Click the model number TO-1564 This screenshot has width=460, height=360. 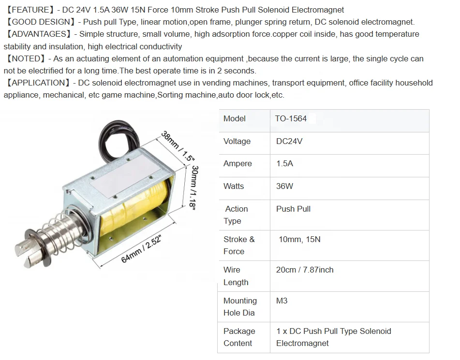point(291,119)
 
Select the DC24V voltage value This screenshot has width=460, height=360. point(289,142)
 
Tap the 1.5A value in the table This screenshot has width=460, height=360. point(284,164)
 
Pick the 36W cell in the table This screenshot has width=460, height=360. point(284,187)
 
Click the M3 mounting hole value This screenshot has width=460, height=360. point(282,301)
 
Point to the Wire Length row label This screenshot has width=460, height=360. point(236,276)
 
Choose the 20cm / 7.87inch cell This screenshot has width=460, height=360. point(305,270)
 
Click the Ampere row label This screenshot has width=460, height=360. point(237,164)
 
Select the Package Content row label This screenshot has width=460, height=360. point(239,337)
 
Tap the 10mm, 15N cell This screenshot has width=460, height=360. point(299,239)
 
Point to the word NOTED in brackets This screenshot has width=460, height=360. point(27,58)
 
